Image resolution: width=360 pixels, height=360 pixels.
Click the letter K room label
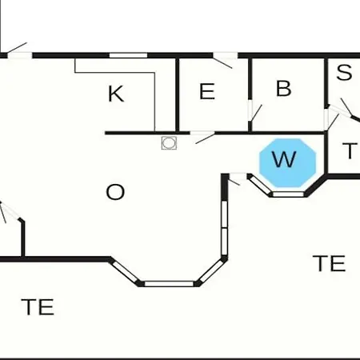(116, 94)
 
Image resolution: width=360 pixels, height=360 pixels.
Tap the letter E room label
(207, 91)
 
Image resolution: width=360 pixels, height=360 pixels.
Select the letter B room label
(283, 88)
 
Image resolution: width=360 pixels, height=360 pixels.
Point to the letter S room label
(344, 72)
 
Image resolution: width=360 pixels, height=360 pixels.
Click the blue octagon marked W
(288, 162)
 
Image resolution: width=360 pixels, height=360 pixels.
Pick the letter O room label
(115, 192)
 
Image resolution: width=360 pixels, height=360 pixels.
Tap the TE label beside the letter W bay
(329, 263)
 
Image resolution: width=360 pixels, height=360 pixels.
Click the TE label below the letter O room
(38, 307)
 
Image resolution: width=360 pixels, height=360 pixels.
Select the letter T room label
(350, 151)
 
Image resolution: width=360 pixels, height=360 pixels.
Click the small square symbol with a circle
(169, 143)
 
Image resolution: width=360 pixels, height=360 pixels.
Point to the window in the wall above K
(128, 55)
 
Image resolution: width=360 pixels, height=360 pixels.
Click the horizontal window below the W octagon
(288, 194)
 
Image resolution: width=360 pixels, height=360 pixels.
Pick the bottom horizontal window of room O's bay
(169, 284)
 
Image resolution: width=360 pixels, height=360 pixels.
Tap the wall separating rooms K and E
(178, 95)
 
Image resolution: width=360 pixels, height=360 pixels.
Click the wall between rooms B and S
(326, 82)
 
